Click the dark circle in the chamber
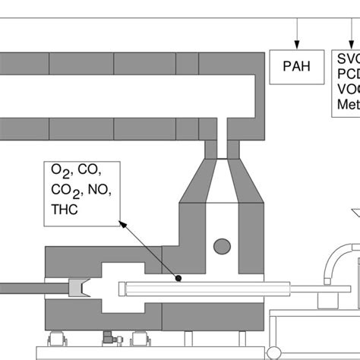coord(222,246)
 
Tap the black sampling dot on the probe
coord(178,279)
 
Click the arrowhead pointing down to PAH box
coord(297,42)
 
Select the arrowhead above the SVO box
coord(347,42)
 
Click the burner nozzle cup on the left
coord(78,288)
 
